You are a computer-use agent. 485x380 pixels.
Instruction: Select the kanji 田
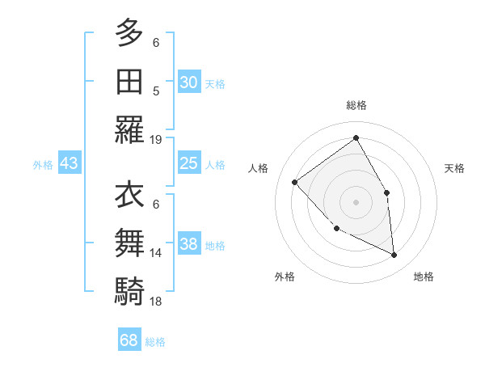coord(129,81)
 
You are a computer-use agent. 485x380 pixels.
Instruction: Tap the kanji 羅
coord(129,129)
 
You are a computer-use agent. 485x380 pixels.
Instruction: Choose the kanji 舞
coord(129,243)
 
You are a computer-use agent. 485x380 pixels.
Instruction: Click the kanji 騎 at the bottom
coord(129,292)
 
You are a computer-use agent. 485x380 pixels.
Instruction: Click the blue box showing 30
coord(188,82)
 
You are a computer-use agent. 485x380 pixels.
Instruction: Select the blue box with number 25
coord(188,163)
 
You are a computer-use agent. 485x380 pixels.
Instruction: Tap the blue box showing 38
coord(188,244)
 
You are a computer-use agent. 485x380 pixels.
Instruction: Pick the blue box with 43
coord(70,163)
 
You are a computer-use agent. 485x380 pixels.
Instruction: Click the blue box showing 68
coord(129,340)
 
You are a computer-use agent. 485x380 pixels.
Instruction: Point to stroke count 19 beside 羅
coord(156,140)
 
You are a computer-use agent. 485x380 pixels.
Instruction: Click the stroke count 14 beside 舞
coord(156,253)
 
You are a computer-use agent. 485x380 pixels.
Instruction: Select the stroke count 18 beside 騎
coord(156,302)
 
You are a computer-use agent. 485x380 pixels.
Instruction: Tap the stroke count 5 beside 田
coord(156,91)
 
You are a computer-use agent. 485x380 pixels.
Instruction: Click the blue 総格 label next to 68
coord(155,342)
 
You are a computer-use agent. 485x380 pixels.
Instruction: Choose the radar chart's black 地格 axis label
coord(424,277)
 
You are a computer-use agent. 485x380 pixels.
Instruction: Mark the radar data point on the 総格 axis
coord(356,138)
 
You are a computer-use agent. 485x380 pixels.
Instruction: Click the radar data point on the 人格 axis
coord(295,182)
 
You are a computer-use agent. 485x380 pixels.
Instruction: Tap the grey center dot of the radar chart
coord(356,201)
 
